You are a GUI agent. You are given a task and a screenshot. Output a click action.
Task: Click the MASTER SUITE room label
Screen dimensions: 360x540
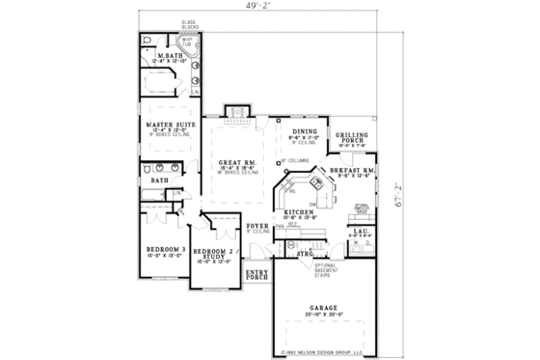click(x=166, y=125)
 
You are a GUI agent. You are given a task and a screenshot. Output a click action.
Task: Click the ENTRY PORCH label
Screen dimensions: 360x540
click(x=256, y=274)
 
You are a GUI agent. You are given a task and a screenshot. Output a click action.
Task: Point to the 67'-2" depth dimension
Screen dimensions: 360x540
click(x=398, y=181)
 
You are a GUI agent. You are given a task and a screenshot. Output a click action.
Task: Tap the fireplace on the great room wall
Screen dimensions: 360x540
click(x=237, y=116)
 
